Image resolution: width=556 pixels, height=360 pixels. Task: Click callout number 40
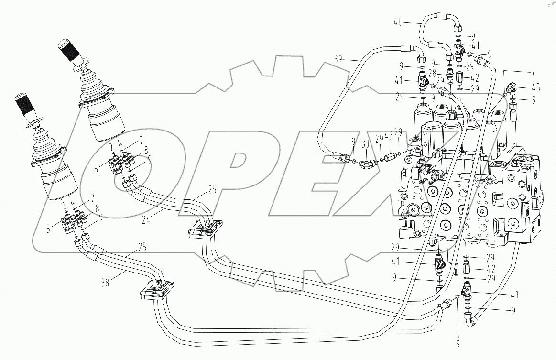coord(398,22)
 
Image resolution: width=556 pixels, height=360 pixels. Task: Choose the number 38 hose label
coord(105,282)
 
